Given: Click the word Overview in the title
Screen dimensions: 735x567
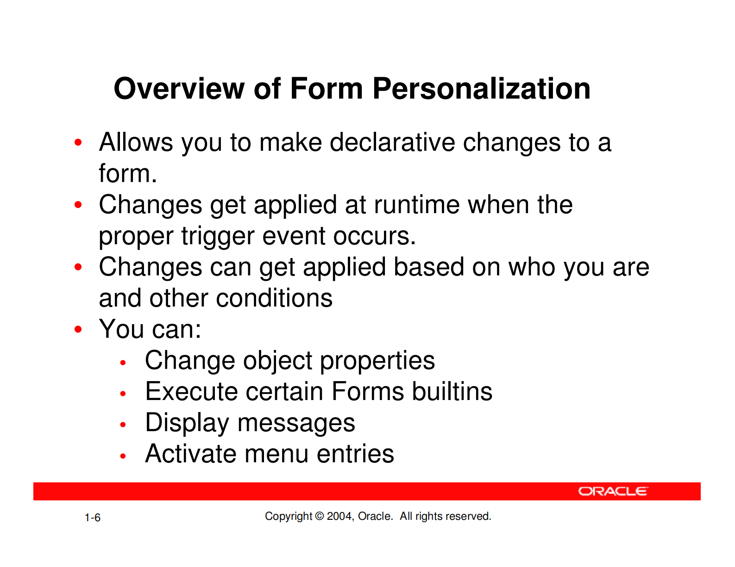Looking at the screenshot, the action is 179,88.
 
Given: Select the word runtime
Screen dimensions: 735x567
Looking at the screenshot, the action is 416,204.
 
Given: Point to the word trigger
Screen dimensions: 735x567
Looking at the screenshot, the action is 218,236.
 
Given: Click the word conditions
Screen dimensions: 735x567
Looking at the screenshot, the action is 274,298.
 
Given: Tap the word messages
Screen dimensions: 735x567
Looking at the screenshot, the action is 296,424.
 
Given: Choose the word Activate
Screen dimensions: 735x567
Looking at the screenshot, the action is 191,454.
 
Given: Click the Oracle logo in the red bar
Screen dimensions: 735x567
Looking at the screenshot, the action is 613,491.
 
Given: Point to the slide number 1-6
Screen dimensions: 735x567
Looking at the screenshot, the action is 92,518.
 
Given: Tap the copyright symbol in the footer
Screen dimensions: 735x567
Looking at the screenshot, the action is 319,516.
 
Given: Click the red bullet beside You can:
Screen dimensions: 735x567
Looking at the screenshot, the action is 78,329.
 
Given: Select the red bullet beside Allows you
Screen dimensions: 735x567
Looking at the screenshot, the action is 78,142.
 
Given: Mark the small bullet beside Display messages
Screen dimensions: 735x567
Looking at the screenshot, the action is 123,425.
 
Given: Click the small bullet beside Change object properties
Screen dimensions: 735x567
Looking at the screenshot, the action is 123,363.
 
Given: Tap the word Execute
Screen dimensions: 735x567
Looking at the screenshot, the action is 191,391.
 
